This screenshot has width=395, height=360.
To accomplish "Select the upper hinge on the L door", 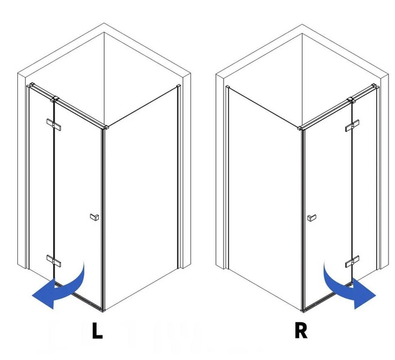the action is tap(54, 125).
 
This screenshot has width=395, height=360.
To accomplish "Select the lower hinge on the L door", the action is tap(54, 260).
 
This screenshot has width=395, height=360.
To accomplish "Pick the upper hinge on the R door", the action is tap(352, 125).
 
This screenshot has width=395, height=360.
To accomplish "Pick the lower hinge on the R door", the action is tap(352, 262).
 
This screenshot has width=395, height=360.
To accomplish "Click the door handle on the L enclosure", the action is tap(95, 217).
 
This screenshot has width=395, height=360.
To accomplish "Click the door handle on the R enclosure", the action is tap(312, 218).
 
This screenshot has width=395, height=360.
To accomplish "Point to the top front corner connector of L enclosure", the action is tap(105, 127).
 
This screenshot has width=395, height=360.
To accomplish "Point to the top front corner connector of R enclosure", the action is tap(300, 128).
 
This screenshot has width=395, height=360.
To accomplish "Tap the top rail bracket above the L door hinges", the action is tap(55, 99).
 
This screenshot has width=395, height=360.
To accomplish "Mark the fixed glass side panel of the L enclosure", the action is tap(141, 197).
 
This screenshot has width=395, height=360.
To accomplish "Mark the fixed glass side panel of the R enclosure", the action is tap(264, 197).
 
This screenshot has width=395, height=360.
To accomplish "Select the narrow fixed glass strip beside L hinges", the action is tap(41, 182).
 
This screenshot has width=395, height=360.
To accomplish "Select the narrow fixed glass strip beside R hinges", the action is tap(365, 182).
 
